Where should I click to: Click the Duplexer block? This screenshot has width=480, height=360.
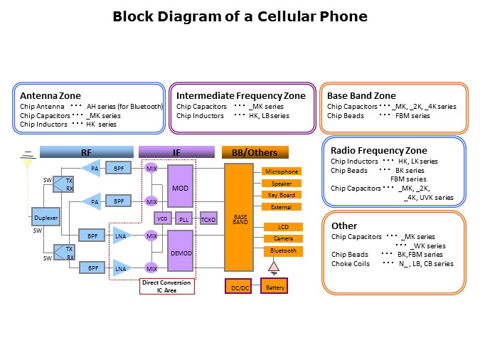[x=46, y=216]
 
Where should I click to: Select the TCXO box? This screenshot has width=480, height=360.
[x=208, y=218]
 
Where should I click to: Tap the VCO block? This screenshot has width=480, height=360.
[x=162, y=218]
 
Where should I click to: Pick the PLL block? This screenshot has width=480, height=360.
[x=184, y=218]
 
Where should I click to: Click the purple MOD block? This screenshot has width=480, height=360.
[x=181, y=186]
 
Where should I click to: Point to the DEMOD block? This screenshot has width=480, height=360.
[x=181, y=251]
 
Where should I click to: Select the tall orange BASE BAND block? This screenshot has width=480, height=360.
[x=239, y=218]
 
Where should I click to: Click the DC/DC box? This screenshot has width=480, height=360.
[x=238, y=286]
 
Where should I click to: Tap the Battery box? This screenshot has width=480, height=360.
[x=274, y=285]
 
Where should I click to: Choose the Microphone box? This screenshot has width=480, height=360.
[x=282, y=171]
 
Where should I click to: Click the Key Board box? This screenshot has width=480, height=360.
[x=282, y=195]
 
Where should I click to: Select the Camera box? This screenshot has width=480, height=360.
[x=284, y=238]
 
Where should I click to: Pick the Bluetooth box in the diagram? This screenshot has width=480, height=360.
[x=284, y=251]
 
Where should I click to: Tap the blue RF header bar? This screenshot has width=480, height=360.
[x=87, y=152]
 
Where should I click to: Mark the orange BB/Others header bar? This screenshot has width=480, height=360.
[x=255, y=152]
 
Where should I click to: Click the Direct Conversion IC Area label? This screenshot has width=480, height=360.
[x=167, y=286]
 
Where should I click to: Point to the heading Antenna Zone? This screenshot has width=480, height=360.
[x=50, y=96]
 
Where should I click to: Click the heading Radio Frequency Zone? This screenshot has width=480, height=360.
[x=379, y=150]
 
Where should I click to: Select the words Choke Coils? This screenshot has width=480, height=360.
[x=351, y=263]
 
